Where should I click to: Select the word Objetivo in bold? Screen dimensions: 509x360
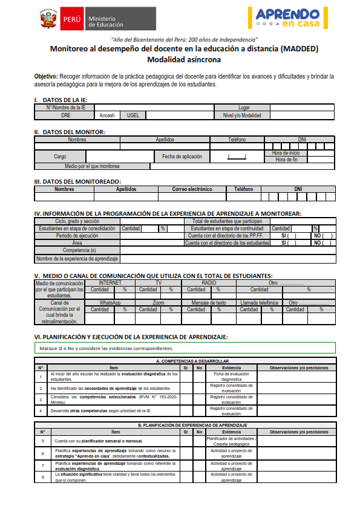click(46, 77)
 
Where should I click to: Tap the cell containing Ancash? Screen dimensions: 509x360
click(107, 114)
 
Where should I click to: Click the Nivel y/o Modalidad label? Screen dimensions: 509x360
click(242, 114)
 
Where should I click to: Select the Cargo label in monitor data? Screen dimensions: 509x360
click(60, 156)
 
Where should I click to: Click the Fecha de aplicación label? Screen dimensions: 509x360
click(182, 156)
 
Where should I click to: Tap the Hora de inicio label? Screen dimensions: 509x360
click(286, 153)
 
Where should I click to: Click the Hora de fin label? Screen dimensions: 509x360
click(286, 160)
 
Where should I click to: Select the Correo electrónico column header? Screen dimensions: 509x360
click(192, 189)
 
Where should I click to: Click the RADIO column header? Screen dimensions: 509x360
click(209, 282)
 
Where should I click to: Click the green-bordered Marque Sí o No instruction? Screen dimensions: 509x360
click(185, 348)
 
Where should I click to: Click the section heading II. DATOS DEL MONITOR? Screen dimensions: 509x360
click(70, 132)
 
